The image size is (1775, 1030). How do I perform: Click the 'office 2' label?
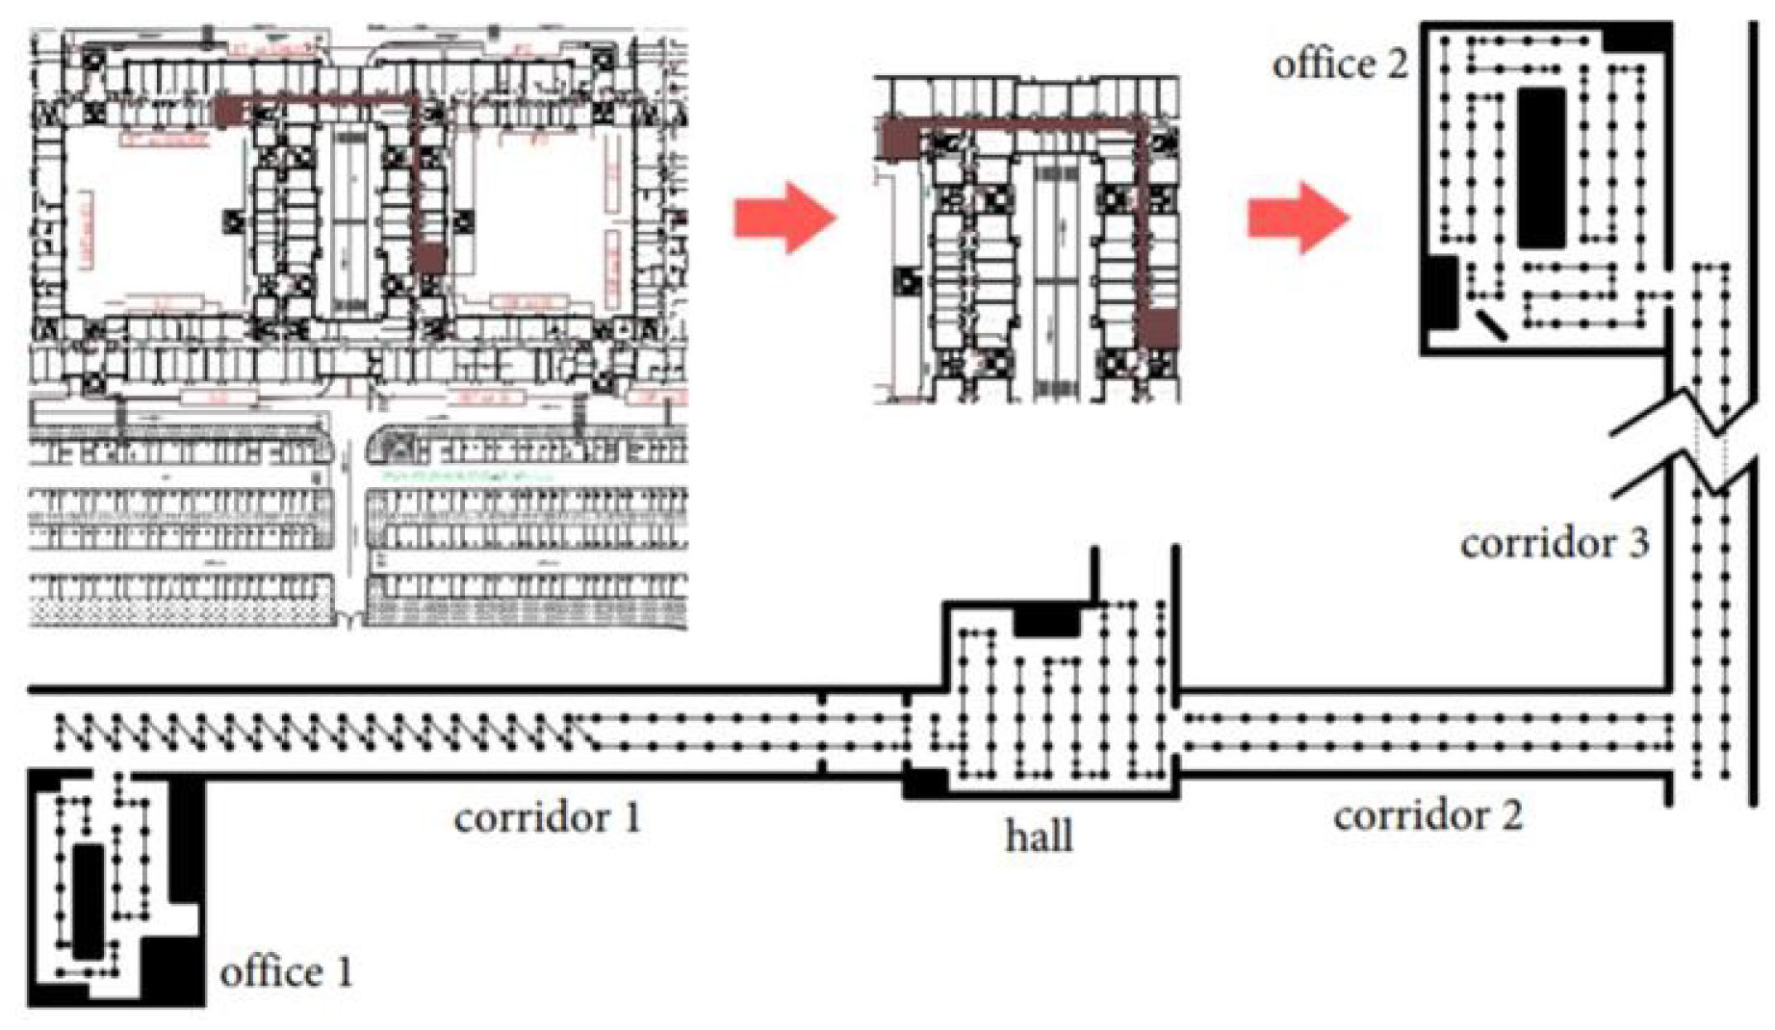(1339, 64)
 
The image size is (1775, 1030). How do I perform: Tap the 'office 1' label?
(286, 972)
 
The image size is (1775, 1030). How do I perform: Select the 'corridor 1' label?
(547, 818)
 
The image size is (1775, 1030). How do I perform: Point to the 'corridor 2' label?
(1428, 816)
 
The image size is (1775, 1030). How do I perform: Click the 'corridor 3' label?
(1554, 544)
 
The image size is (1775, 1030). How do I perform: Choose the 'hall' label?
(1039, 836)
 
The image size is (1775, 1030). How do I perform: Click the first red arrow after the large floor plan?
(785, 218)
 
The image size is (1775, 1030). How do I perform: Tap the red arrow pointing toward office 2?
(1299, 218)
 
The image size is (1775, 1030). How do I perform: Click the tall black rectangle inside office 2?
(1541, 168)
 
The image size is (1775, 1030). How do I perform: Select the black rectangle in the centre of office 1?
(89, 901)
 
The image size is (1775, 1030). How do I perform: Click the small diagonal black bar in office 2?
(1491, 324)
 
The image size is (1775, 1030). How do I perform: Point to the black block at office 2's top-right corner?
(1637, 39)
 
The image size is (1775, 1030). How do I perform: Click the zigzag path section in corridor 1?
(318, 734)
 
